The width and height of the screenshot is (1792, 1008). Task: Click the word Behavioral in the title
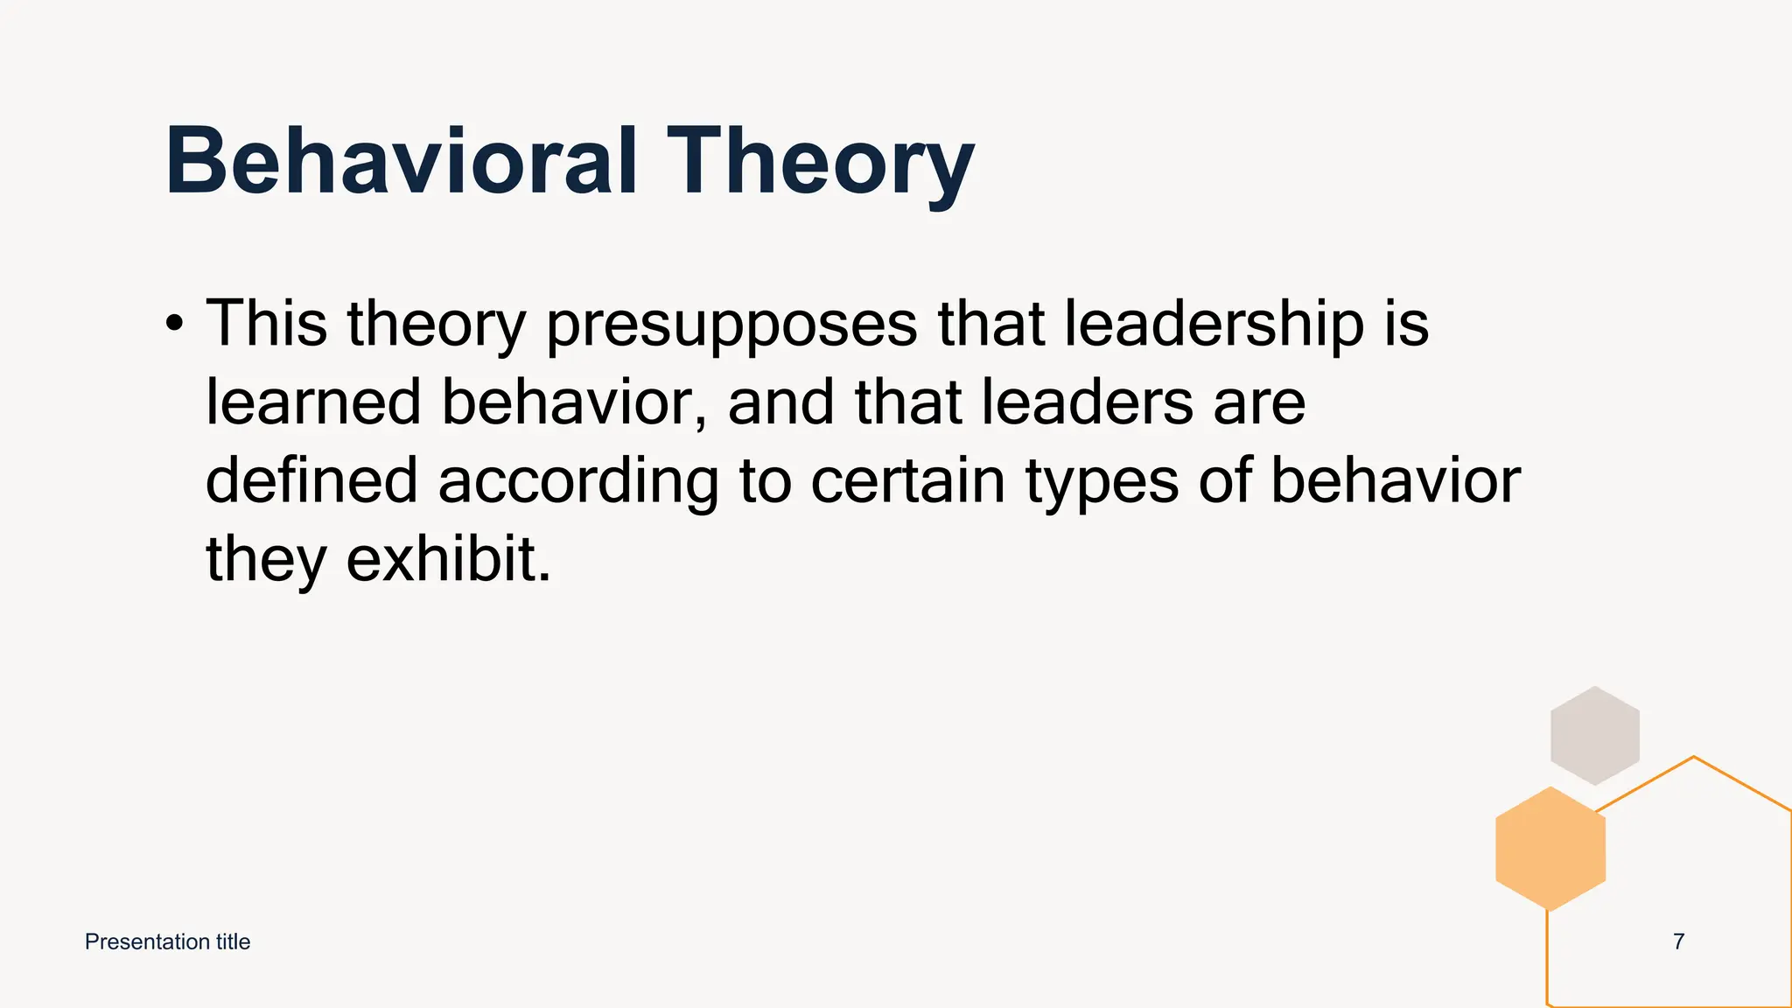(x=401, y=161)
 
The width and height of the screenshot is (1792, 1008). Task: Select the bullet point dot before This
(x=174, y=325)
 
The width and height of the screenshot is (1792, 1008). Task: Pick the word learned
(x=313, y=402)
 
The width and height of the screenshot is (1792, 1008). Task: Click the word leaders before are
(x=1087, y=402)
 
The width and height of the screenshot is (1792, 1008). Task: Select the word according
(x=578, y=484)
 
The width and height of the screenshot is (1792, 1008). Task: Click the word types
(x=1102, y=484)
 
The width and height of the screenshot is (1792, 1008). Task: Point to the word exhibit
(x=449, y=559)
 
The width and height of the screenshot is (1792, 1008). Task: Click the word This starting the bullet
(x=266, y=324)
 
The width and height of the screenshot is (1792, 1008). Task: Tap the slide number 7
(x=1678, y=941)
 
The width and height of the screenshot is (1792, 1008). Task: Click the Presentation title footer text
(x=167, y=941)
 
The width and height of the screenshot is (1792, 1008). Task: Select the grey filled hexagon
(x=1594, y=736)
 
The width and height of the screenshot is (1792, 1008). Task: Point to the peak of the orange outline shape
(x=1694, y=758)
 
